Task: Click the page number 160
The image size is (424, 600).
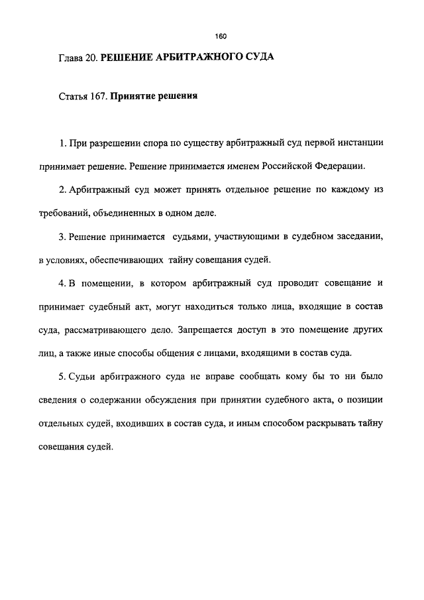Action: [221, 36]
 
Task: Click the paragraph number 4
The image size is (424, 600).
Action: [61, 284]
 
